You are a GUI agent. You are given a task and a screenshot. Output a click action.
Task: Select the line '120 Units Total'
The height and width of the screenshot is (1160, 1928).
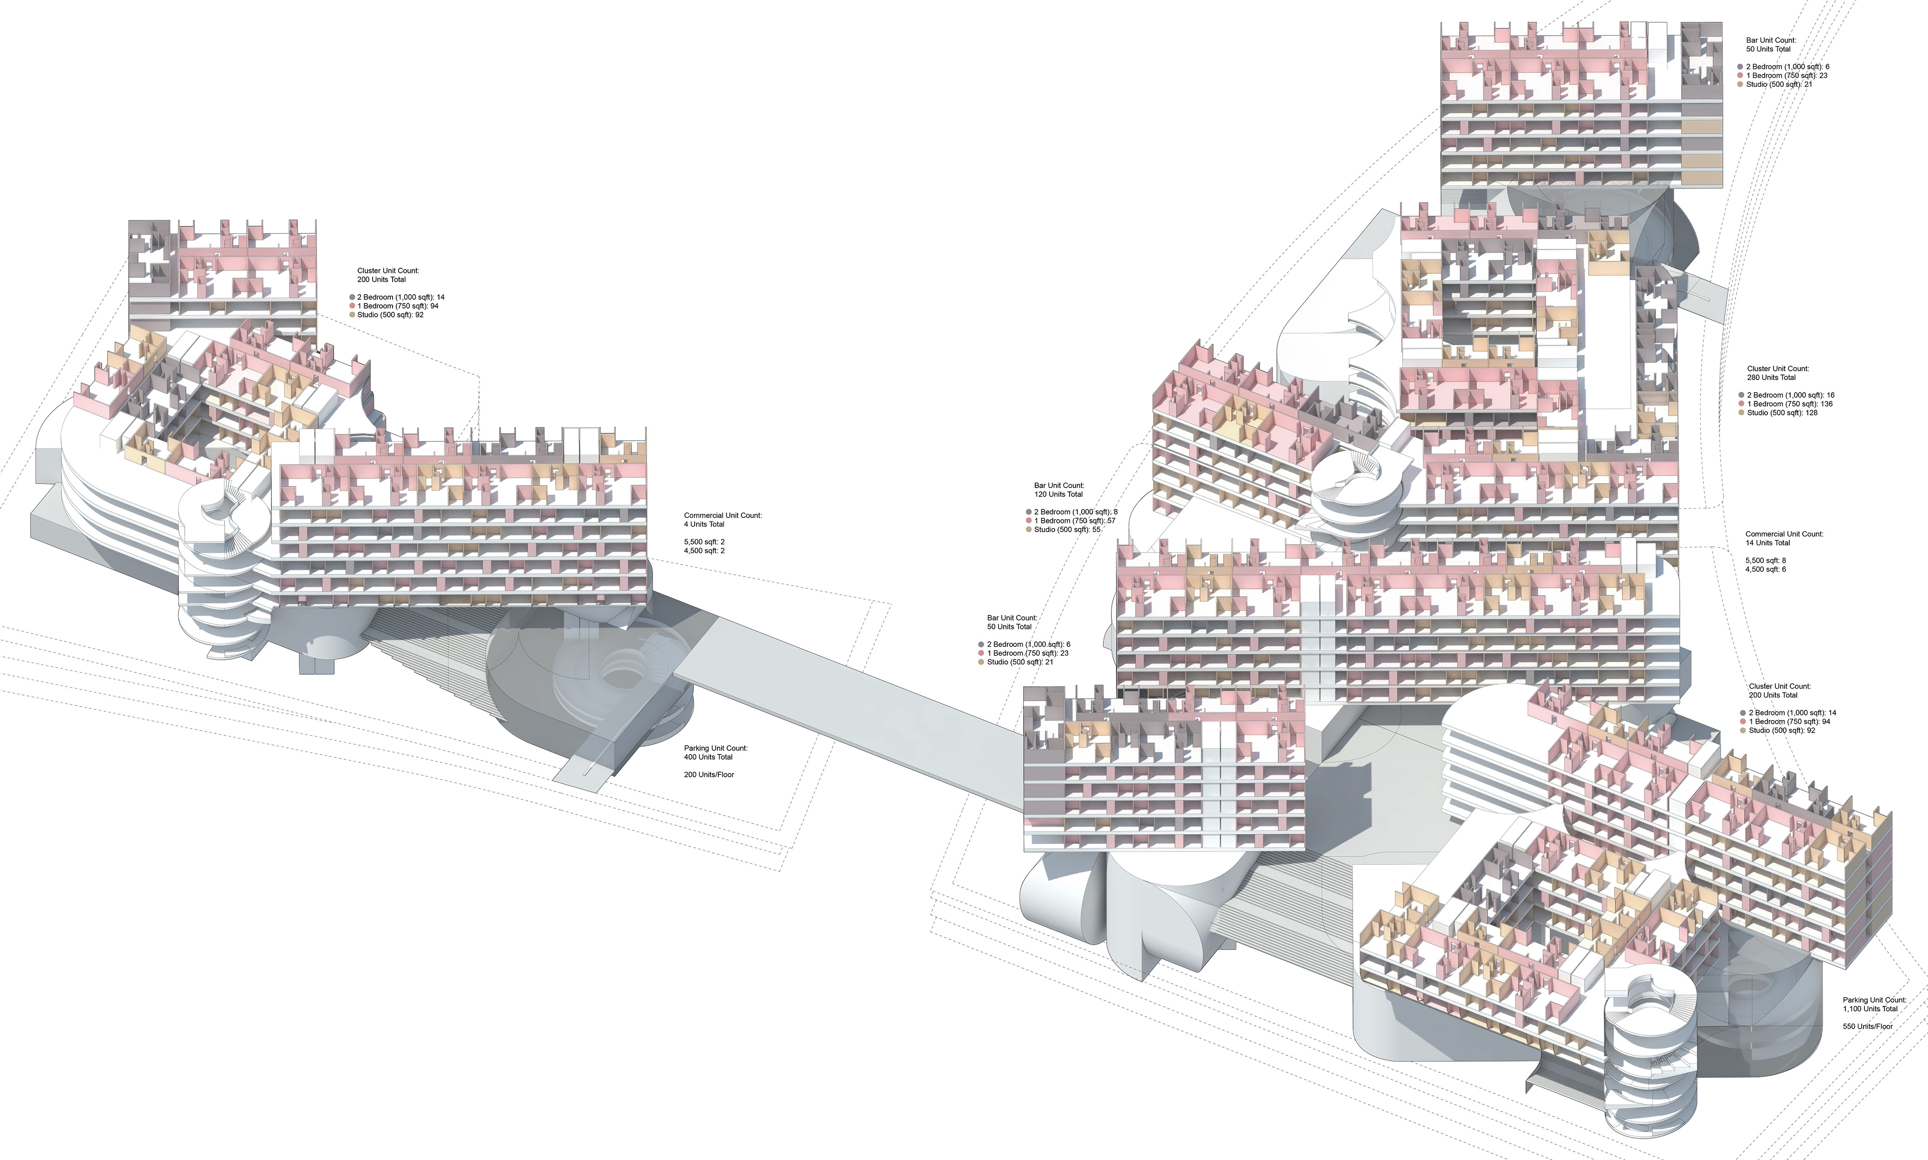click(x=1058, y=494)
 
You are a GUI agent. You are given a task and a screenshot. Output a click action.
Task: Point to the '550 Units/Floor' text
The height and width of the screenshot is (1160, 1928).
click(x=1867, y=1026)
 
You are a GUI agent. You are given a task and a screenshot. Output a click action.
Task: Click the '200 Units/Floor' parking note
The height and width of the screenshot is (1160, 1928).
click(x=709, y=774)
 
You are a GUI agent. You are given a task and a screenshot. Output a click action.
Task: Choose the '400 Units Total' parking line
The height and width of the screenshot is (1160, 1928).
click(x=708, y=757)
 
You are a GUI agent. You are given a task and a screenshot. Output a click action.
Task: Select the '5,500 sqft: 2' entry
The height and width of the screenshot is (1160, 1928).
click(x=704, y=541)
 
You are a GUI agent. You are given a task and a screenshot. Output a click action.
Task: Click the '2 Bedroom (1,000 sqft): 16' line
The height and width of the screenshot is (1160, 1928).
click(x=1791, y=395)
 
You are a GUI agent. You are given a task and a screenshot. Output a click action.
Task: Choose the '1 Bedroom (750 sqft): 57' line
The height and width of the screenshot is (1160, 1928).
click(x=1075, y=521)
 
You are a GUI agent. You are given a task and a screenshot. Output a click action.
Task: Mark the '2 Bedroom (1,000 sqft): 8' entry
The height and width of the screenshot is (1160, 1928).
click(x=1076, y=512)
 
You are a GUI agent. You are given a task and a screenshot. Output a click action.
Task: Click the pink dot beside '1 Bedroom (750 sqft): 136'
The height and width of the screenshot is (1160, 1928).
click(x=1741, y=404)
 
